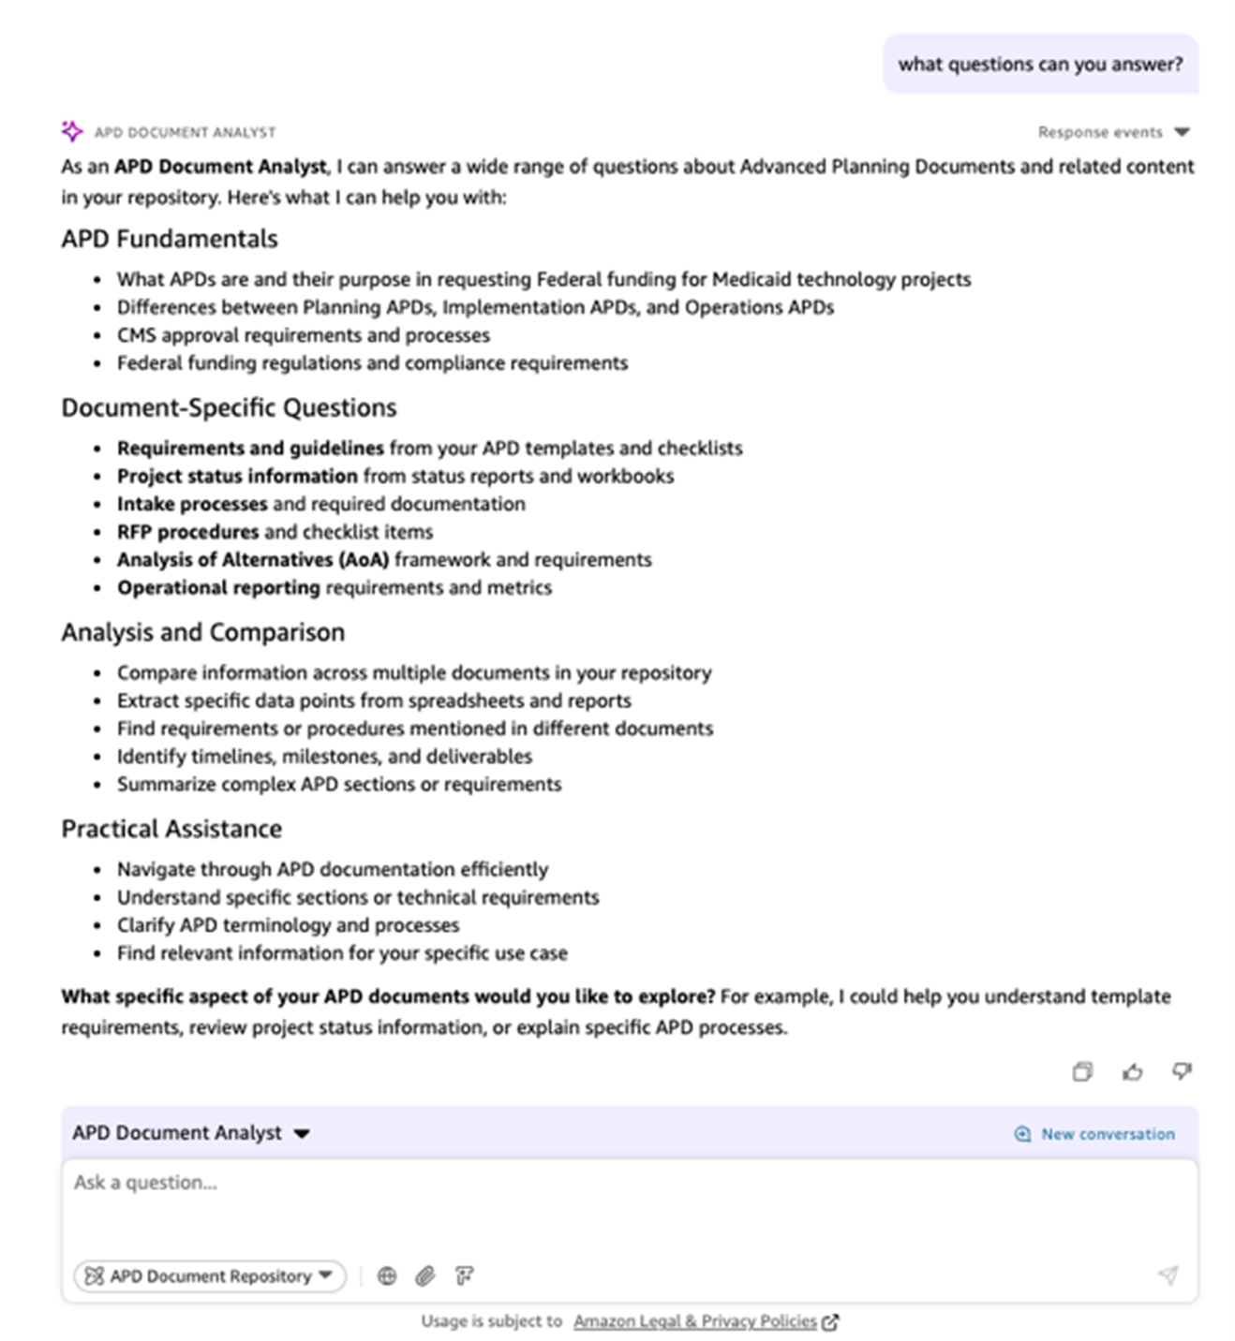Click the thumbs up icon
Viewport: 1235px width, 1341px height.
click(1132, 1071)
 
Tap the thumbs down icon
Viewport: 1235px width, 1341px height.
click(1182, 1070)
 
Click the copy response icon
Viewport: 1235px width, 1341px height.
click(1082, 1071)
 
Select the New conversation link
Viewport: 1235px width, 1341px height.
click(1107, 1134)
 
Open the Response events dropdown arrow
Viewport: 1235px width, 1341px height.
click(1182, 132)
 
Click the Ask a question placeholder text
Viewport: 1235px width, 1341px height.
click(145, 1183)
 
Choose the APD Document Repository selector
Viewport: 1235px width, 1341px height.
click(210, 1275)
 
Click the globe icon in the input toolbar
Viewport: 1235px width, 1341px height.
click(387, 1275)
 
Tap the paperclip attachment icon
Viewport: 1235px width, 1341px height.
click(425, 1275)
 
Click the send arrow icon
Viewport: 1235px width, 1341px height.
click(1168, 1275)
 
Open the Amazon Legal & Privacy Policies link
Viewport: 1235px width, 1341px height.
click(695, 1321)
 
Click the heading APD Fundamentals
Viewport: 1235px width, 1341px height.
click(170, 239)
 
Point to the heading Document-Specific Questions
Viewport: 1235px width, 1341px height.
click(229, 407)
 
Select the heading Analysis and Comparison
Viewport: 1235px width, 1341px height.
click(202, 632)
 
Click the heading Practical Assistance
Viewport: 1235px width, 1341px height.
click(171, 829)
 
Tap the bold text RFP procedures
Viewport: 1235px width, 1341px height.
click(187, 532)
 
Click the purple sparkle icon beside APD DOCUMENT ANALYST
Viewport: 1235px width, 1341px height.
click(72, 131)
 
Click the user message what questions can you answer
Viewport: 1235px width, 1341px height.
click(1040, 65)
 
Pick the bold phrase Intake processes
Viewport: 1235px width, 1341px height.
click(192, 504)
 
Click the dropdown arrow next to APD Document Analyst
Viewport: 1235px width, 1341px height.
click(302, 1134)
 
